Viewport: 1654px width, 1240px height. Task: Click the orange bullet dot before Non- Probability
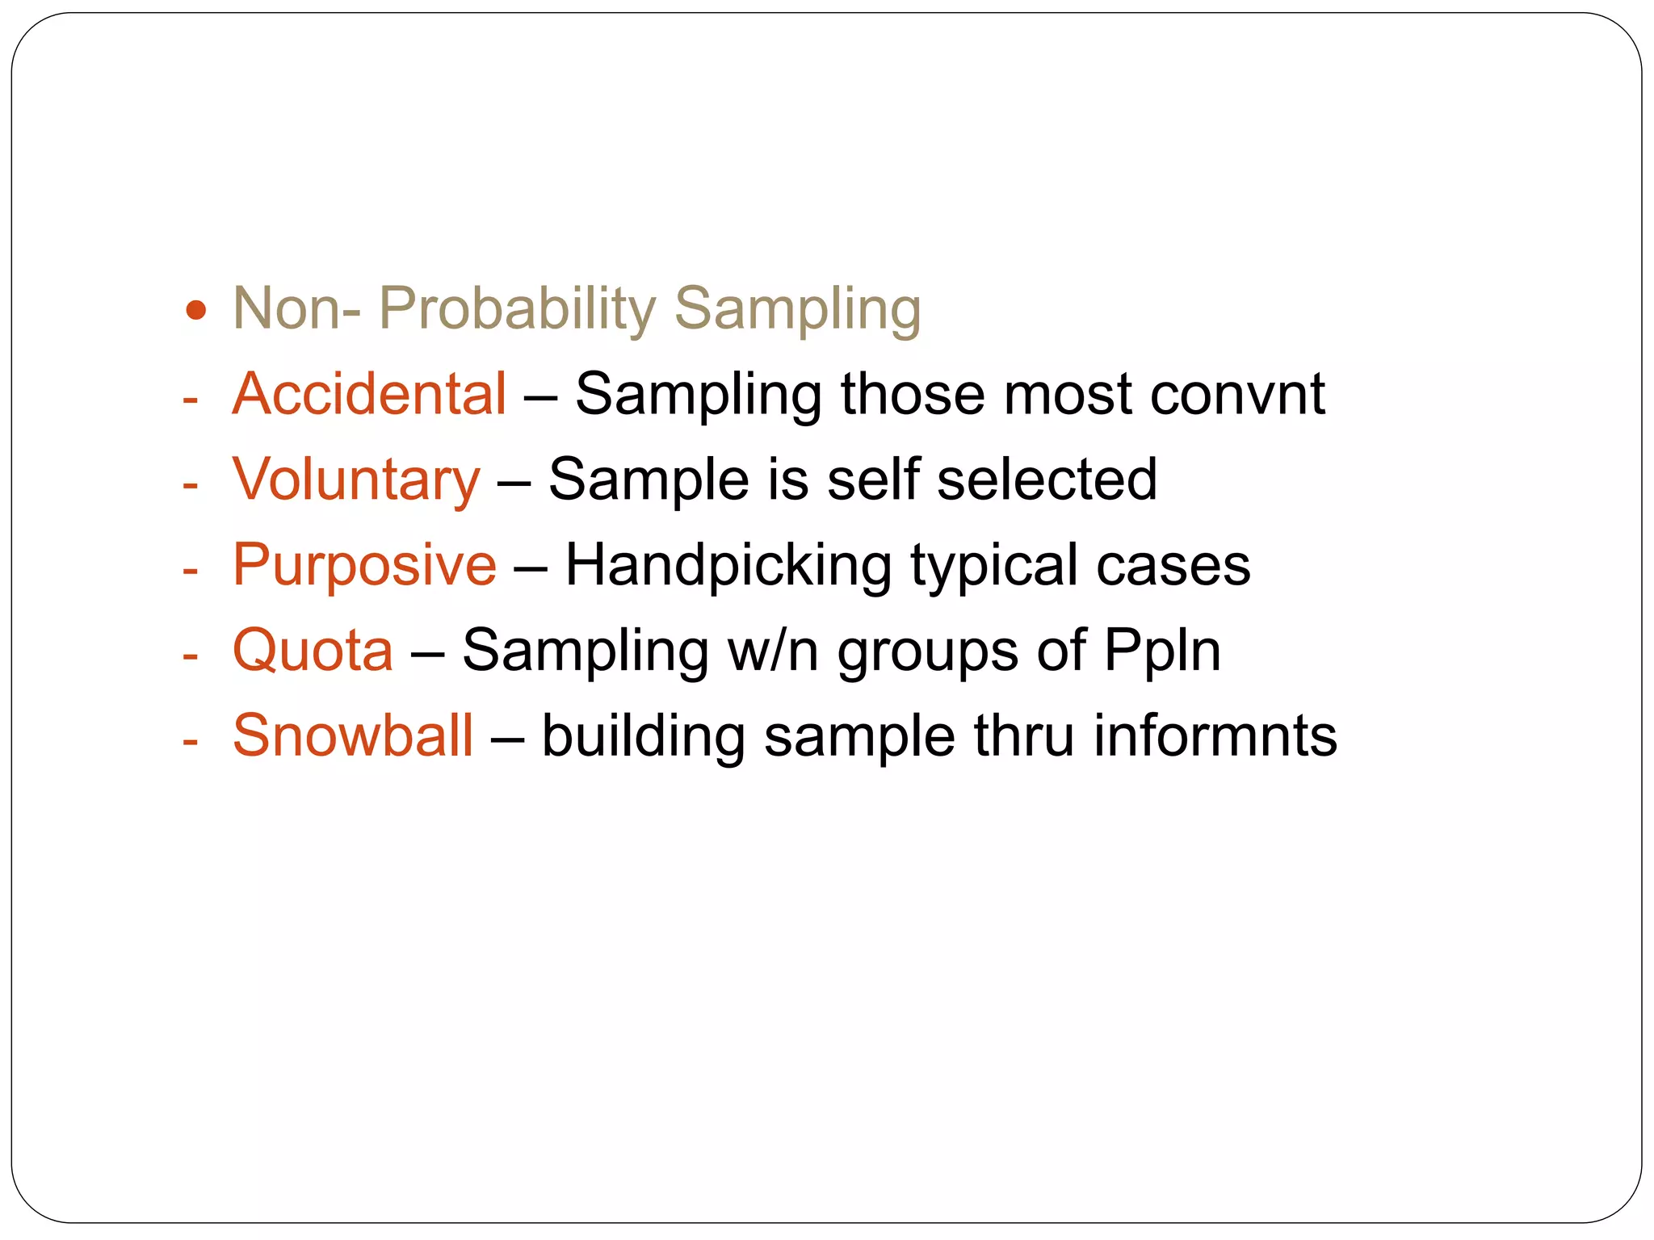[195, 309]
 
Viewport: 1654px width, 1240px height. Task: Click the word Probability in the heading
[517, 309]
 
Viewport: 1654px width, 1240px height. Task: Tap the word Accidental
[369, 395]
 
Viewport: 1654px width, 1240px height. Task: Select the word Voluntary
[356, 480]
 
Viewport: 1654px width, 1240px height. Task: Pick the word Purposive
[364, 565]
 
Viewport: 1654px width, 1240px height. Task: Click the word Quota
[313, 651]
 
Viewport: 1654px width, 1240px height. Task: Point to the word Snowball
[353, 736]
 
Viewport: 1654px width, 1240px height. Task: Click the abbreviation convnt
[1237, 395]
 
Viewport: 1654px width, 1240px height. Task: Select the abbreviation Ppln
[1162, 651]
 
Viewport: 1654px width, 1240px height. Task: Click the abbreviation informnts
[1215, 736]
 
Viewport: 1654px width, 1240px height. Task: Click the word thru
[1023, 736]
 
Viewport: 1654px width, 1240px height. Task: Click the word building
[643, 736]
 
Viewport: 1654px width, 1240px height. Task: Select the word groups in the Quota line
[927, 651]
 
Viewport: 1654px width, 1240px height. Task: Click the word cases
[1173, 565]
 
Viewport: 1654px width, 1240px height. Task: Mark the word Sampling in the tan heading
[797, 309]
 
